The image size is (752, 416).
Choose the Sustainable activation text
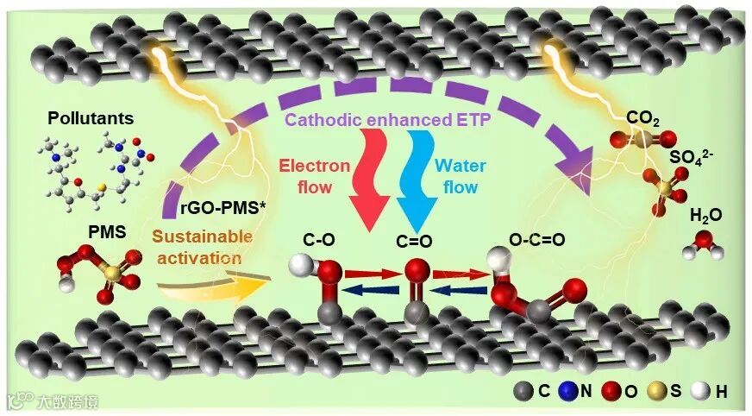(x=204, y=247)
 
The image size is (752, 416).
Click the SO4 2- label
(x=689, y=158)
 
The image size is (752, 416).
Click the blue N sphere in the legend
(x=574, y=392)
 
